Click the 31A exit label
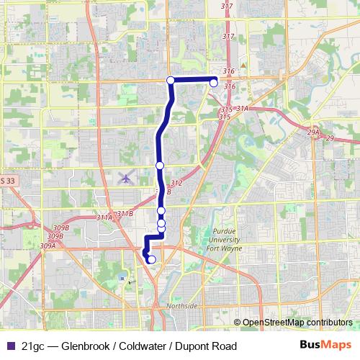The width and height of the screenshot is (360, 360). pos(241,108)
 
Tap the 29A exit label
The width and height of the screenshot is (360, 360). pos(312,132)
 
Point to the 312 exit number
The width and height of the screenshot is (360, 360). pos(177,184)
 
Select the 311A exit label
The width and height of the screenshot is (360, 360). pos(104,217)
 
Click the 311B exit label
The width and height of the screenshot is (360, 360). pos(125,213)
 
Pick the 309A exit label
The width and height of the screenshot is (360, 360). pos(48,246)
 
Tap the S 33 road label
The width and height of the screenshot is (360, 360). pos(7,181)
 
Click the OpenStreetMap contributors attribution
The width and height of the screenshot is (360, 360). pos(297,323)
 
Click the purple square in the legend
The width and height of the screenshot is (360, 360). pos(9,346)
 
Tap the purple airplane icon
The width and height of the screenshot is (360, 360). pos(127,177)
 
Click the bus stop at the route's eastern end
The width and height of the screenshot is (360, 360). pos(214,84)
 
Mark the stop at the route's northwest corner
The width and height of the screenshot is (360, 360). pos(171,80)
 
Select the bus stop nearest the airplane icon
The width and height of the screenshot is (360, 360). pos(160,166)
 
